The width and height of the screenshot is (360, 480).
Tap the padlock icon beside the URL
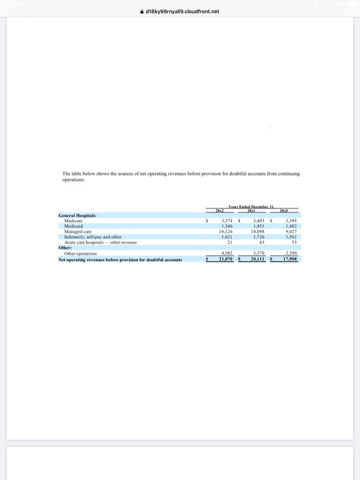[141, 11]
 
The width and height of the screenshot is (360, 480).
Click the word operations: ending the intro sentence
[74, 178]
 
